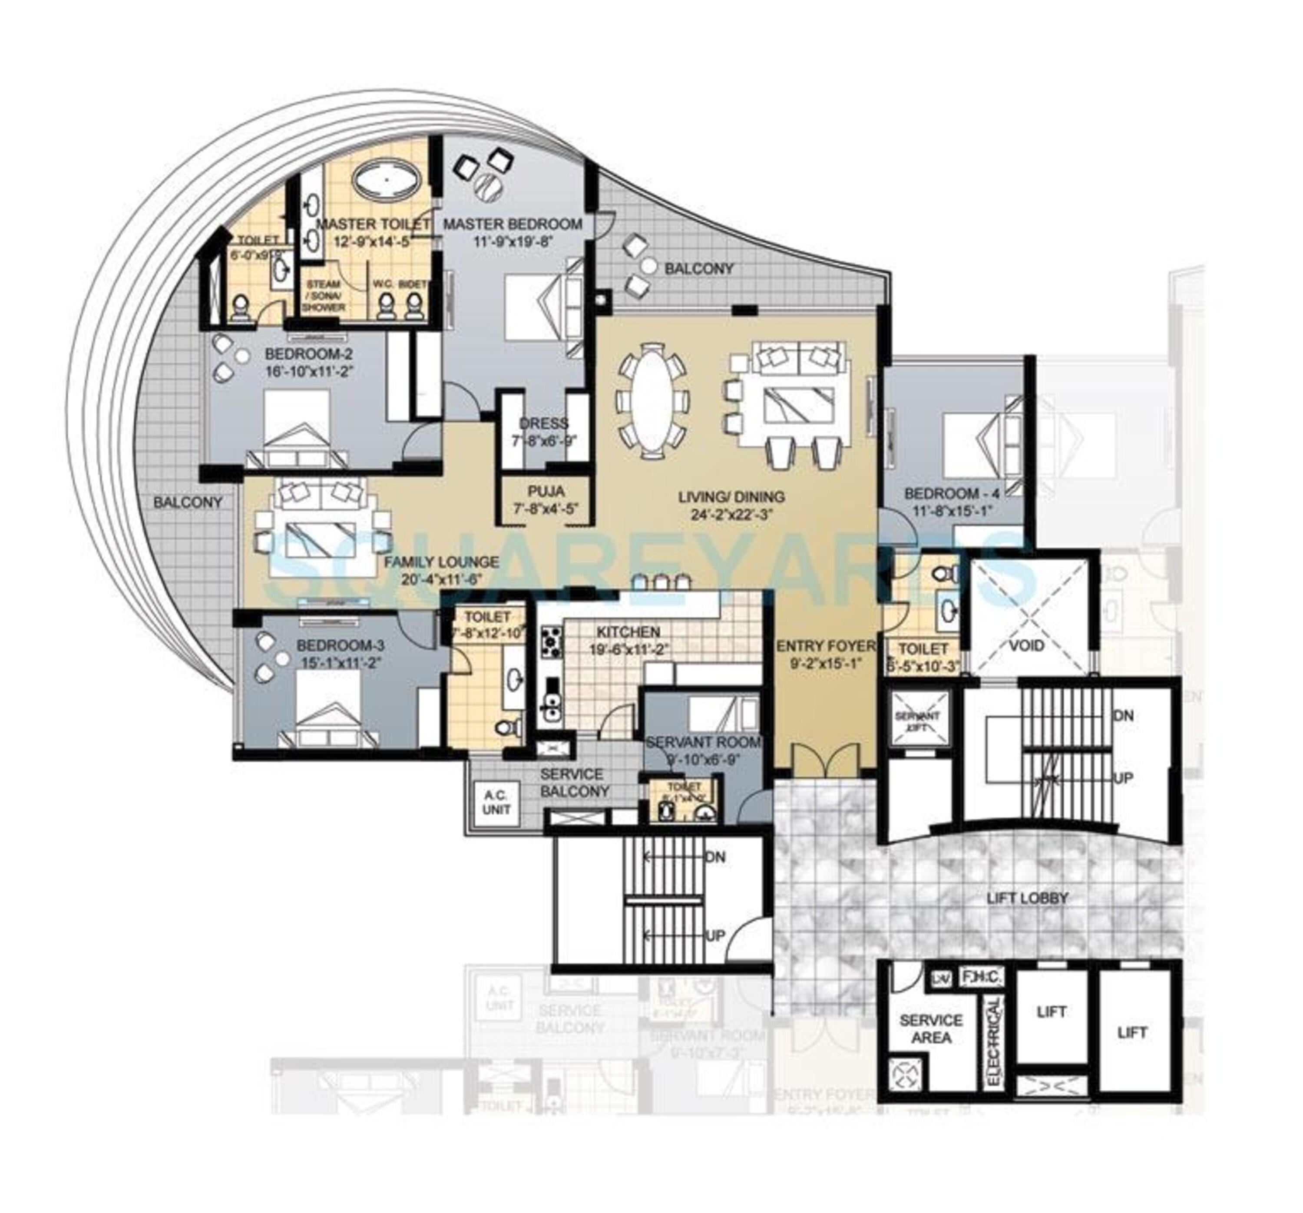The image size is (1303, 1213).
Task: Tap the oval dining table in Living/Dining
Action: [652, 401]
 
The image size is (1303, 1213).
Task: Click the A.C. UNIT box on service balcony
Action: [496, 803]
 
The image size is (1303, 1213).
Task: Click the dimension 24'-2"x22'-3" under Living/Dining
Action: [731, 514]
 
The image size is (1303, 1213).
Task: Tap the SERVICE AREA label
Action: [931, 1029]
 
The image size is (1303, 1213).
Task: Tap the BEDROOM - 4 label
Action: [952, 493]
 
